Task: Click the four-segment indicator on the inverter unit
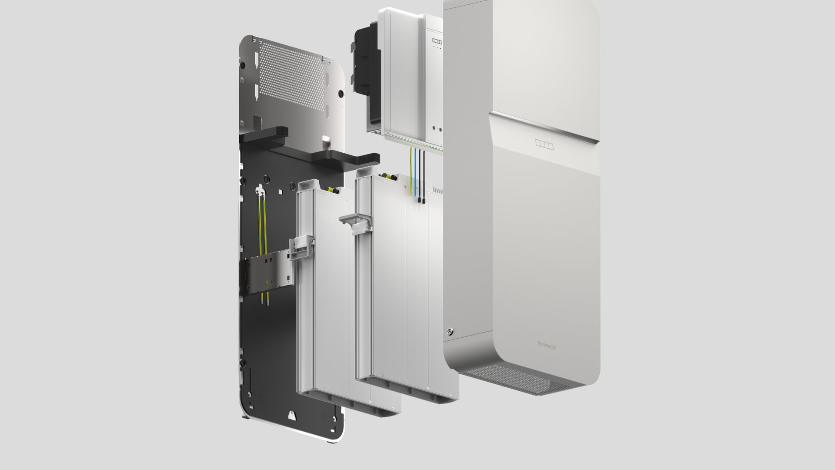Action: [437, 42]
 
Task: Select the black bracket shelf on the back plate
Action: [309, 148]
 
